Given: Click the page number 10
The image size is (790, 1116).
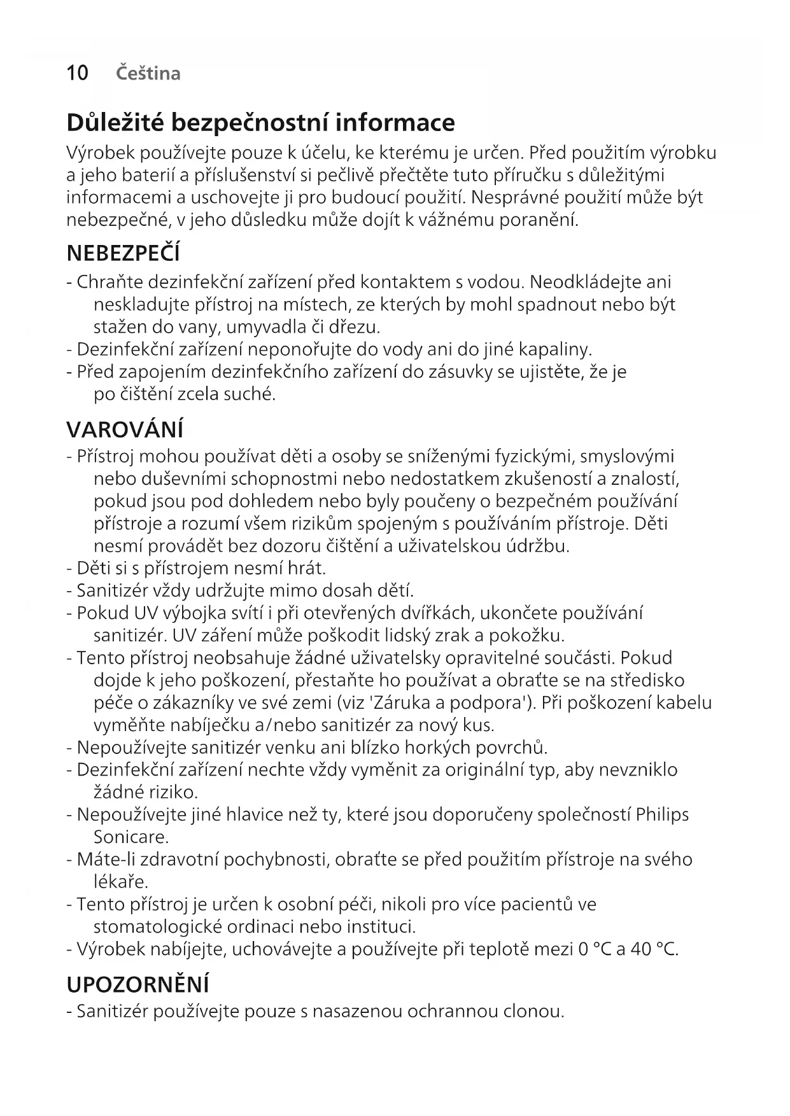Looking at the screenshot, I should (x=77, y=73).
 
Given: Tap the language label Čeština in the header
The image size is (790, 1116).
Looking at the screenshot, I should (x=148, y=73).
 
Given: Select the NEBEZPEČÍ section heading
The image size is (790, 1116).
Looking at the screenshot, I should (x=123, y=254).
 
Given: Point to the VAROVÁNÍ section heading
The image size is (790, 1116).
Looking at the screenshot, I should (x=125, y=429).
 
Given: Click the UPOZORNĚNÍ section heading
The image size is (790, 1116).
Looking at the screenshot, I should (x=138, y=984).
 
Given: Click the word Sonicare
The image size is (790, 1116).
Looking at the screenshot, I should (x=131, y=837).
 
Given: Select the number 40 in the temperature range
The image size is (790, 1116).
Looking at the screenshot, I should (x=640, y=949).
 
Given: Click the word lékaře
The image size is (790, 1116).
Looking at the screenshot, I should (x=121, y=882).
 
